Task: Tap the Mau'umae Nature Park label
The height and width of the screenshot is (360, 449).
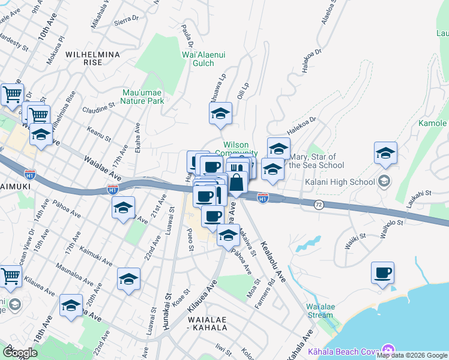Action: coord(142,97)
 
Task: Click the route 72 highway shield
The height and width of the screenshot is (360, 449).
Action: coord(319,205)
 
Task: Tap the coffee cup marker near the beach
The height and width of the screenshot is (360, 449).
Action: coord(382,274)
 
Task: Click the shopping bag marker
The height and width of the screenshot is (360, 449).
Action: coord(237,182)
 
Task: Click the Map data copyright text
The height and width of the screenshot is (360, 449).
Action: coord(412,355)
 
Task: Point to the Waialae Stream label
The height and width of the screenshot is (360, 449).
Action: coord(319,311)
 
